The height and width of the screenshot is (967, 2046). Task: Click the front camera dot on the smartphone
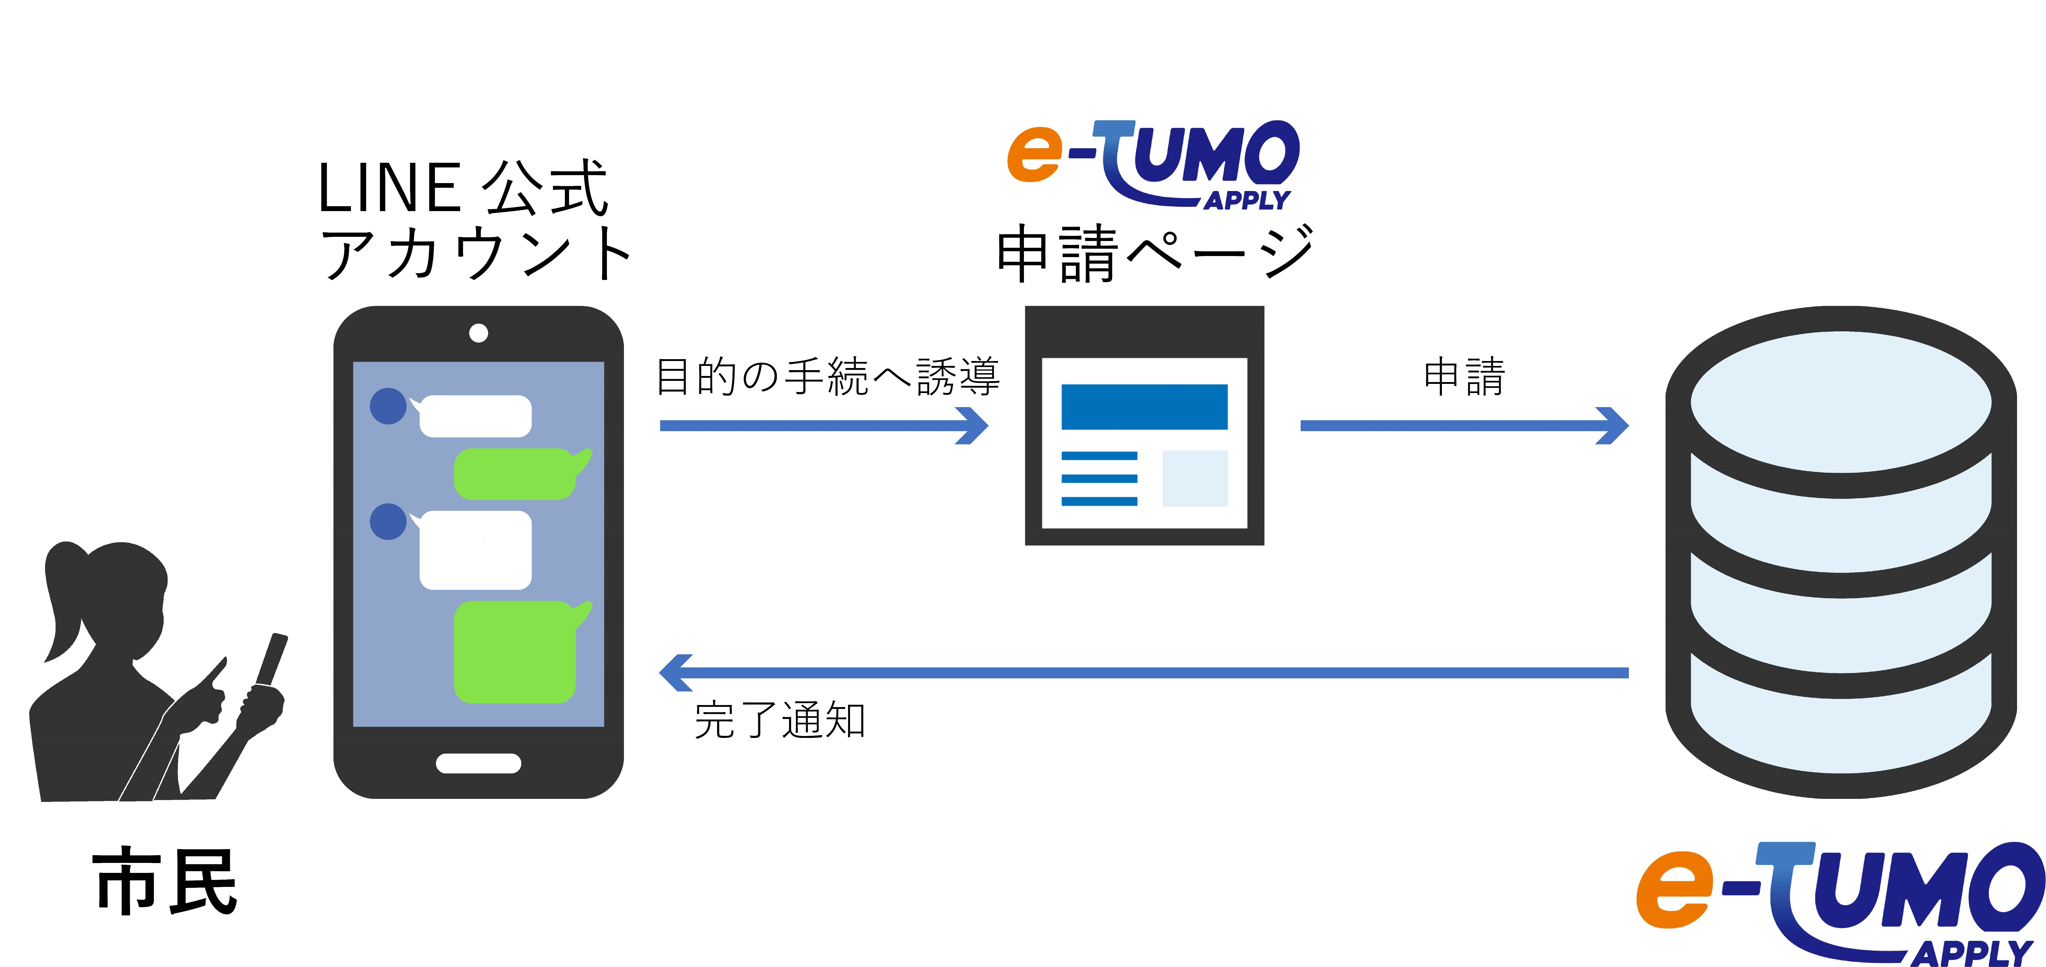tap(478, 333)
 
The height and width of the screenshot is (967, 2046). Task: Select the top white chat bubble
tap(475, 416)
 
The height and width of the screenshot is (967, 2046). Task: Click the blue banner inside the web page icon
tap(1144, 407)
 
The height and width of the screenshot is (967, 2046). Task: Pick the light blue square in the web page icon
tap(1195, 478)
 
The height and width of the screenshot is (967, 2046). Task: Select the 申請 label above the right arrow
tap(1464, 377)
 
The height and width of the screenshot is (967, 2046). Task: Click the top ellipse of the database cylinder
tap(1840, 401)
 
